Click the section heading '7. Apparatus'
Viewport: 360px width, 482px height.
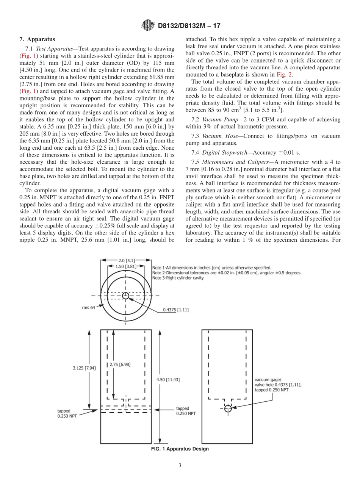tap(37, 39)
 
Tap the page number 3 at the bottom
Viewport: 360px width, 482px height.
tap(180, 465)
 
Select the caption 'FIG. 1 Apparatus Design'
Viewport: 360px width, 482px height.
tap(180, 449)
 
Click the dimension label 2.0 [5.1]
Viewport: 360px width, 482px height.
tap(125, 260)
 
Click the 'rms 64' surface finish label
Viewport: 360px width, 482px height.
tap(88, 308)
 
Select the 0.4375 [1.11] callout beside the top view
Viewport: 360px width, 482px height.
tap(176, 310)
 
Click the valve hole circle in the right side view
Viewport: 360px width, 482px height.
tap(227, 408)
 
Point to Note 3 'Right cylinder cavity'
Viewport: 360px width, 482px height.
tap(178, 278)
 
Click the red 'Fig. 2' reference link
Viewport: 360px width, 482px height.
tap(286, 75)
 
